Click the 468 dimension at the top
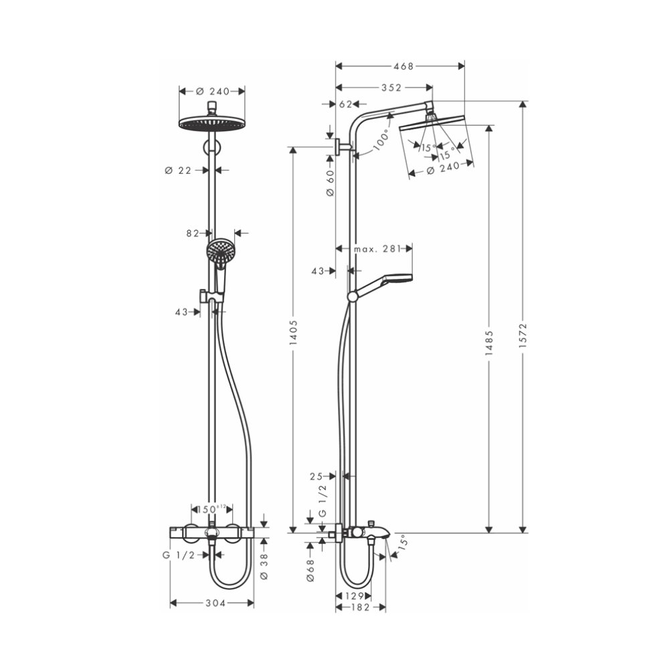tap(401, 66)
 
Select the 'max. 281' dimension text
tap(377, 249)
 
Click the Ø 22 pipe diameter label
tap(178, 171)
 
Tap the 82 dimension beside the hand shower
tap(193, 233)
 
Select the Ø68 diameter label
tap(311, 570)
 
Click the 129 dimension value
tap(354, 595)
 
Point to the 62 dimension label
tap(345, 104)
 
